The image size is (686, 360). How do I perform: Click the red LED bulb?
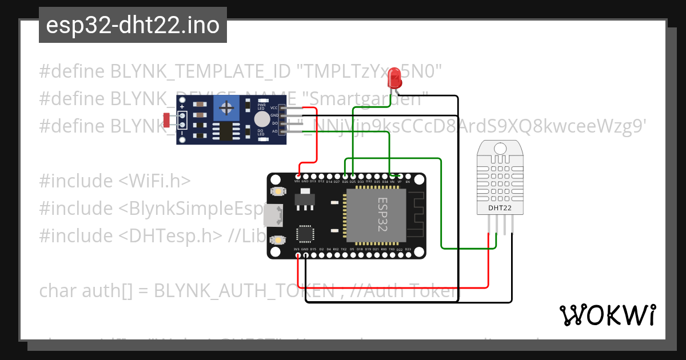tap(394, 77)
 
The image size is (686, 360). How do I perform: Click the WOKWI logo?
tap(607, 315)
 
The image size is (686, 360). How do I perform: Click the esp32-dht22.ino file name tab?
tap(133, 26)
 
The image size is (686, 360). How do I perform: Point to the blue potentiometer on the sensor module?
tap(228, 107)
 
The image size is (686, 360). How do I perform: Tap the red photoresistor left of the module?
tap(166, 120)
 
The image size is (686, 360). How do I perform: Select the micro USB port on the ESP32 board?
tap(273, 215)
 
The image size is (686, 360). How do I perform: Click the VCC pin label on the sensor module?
tap(274, 107)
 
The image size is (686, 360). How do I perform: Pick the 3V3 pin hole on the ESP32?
tap(297, 255)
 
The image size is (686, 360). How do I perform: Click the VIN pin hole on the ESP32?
tap(297, 175)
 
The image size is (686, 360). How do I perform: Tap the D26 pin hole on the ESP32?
tap(345, 175)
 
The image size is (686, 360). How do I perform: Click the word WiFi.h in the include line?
tap(162, 181)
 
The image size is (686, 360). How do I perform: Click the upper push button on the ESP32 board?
tap(280, 191)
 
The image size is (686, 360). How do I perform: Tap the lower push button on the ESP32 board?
tap(280, 240)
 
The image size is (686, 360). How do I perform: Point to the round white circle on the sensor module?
tap(261, 119)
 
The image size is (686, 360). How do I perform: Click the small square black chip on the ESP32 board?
tap(305, 234)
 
